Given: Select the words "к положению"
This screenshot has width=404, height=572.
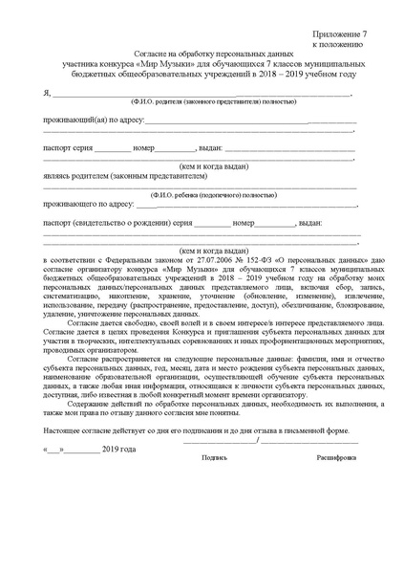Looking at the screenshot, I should point(336,44).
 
